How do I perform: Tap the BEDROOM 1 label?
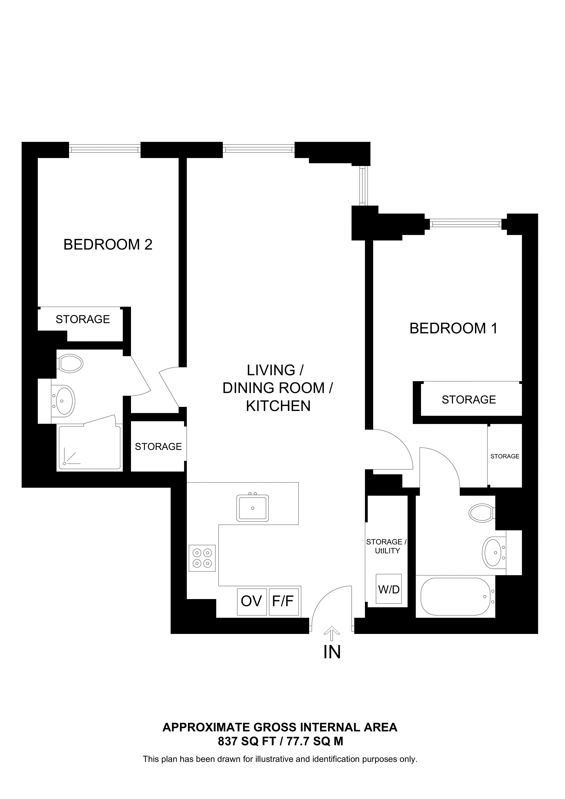(453, 329)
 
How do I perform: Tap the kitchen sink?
(252, 508)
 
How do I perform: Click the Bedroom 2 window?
(105, 150)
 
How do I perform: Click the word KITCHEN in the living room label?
(278, 406)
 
